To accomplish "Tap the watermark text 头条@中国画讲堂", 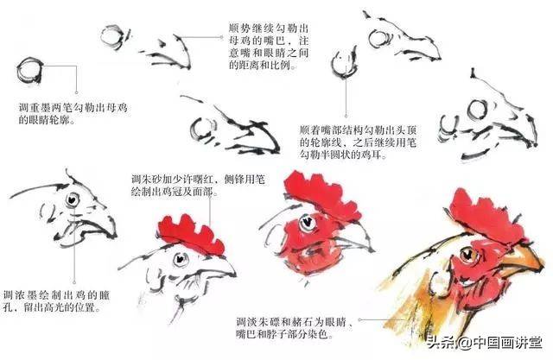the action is [x=484, y=342].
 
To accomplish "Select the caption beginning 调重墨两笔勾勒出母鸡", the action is [x=73, y=113].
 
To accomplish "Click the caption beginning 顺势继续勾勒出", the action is [x=269, y=46].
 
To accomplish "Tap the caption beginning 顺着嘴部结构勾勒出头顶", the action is [x=358, y=142].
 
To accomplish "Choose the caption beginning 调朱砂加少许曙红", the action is [x=198, y=186].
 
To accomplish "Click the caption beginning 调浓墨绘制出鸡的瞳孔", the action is [x=56, y=300].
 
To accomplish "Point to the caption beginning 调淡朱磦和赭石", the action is [x=295, y=327].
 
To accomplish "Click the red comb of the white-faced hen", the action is [x=190, y=234].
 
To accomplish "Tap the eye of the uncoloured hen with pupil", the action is [x=73, y=199].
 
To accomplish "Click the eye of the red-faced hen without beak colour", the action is [x=307, y=223].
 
